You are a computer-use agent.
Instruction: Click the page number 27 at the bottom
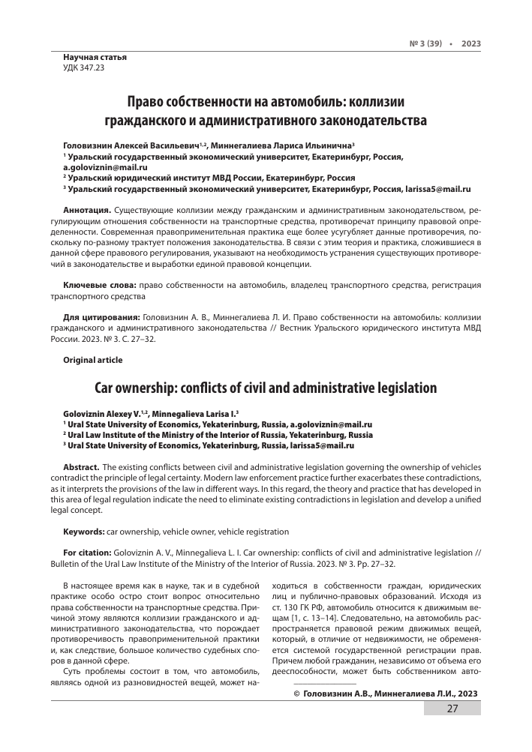tap(452, 730)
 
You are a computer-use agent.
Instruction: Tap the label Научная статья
tap(95, 57)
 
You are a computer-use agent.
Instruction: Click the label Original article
tap(93, 360)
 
